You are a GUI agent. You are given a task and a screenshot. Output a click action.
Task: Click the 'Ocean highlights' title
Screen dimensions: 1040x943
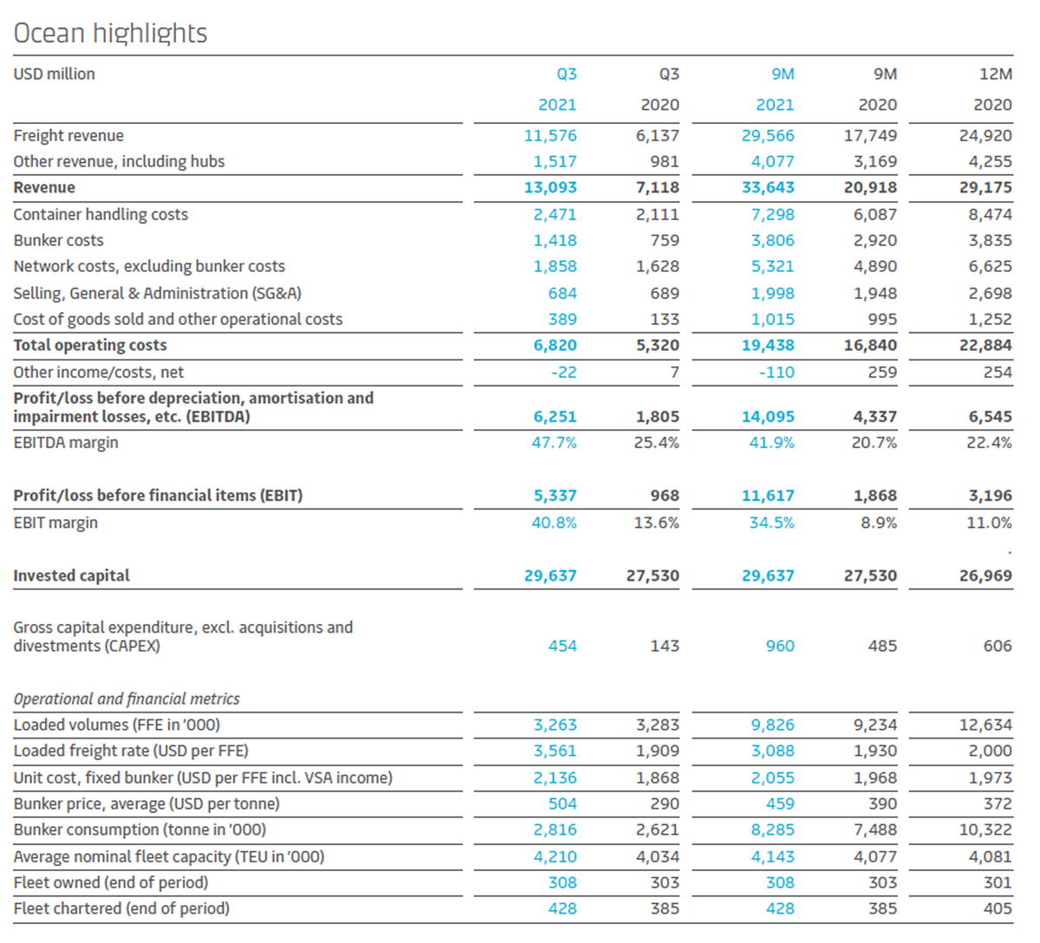pyautogui.click(x=110, y=34)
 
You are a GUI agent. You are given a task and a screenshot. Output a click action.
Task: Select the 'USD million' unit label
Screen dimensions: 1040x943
pyautogui.click(x=54, y=75)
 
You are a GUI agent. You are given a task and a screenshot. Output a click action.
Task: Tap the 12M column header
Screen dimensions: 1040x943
pyautogui.click(x=996, y=75)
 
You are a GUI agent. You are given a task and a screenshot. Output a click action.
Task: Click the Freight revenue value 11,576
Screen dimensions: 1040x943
pyautogui.click(x=550, y=136)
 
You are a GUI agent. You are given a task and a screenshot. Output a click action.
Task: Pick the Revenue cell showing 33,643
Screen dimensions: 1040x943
pyautogui.click(x=768, y=187)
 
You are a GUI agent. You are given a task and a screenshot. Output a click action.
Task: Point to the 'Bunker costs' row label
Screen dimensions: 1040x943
pyautogui.click(x=59, y=241)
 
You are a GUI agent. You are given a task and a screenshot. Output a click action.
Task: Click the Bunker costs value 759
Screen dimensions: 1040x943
pyautogui.click(x=665, y=241)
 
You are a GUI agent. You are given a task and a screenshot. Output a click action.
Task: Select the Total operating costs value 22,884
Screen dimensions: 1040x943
pyautogui.click(x=985, y=346)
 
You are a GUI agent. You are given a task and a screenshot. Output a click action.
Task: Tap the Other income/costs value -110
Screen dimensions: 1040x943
pyautogui.click(x=777, y=373)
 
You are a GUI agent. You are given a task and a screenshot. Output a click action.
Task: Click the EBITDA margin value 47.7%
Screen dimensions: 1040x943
pyautogui.click(x=554, y=443)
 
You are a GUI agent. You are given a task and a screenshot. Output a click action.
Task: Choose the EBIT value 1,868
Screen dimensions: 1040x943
pyautogui.click(x=875, y=496)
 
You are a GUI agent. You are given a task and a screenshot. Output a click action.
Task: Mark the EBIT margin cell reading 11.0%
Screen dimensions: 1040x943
pyautogui.click(x=989, y=523)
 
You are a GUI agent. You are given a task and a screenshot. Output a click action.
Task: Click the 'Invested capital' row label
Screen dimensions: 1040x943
pyautogui.click(x=72, y=576)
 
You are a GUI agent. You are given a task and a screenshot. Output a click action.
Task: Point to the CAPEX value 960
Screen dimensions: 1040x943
pyautogui.click(x=780, y=647)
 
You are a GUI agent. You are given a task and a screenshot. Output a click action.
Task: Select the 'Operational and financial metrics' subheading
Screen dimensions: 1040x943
pyautogui.click(x=127, y=699)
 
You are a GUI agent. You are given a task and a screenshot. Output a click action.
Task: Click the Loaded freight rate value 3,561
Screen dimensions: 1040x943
pyautogui.click(x=556, y=751)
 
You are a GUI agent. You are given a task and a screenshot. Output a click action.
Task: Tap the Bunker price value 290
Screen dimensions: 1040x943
pyautogui.click(x=665, y=804)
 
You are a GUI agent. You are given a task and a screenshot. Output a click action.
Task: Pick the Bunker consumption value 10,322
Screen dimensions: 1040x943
pyautogui.click(x=985, y=830)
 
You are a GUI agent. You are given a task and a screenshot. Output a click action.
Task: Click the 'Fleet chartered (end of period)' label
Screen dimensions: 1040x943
pyautogui.click(x=121, y=909)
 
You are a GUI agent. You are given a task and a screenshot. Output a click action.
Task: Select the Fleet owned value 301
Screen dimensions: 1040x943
pyautogui.click(x=998, y=883)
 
